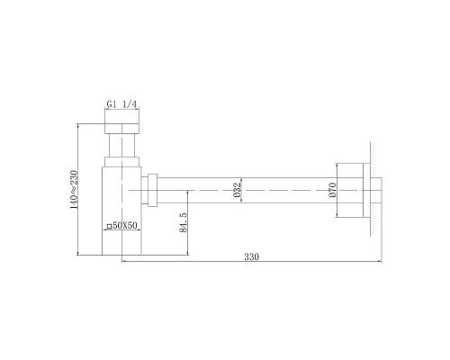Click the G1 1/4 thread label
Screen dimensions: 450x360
coord(121,104)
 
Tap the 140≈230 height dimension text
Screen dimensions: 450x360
coord(74,190)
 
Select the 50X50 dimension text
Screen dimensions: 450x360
coord(125,226)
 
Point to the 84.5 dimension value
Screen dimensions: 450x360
coord(183,222)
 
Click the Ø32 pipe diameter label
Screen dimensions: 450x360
coord(237,190)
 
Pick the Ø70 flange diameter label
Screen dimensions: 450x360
coord(332,190)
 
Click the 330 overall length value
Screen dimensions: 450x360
coord(251,257)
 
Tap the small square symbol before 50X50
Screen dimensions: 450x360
coord(110,227)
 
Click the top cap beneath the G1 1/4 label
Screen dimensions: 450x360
coord(122,128)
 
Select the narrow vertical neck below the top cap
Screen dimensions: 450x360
coord(122,145)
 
